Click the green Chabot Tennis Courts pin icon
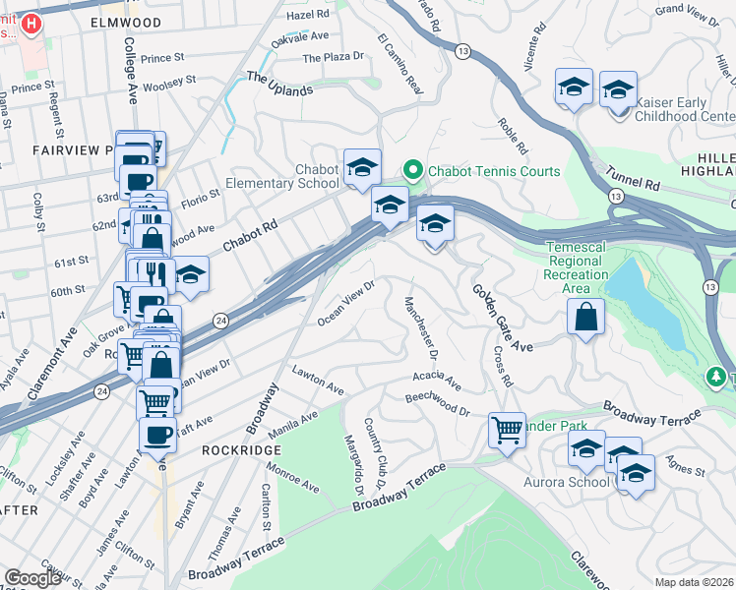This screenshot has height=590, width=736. pyautogui.click(x=412, y=171)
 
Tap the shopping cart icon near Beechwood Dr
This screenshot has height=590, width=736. pyautogui.click(x=507, y=428)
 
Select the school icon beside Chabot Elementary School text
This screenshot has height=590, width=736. pyautogui.click(x=362, y=167)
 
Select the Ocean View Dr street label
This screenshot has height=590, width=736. pyautogui.click(x=347, y=304)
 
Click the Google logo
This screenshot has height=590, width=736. pyautogui.click(x=33, y=578)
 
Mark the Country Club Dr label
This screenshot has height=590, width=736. pyautogui.click(x=375, y=448)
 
